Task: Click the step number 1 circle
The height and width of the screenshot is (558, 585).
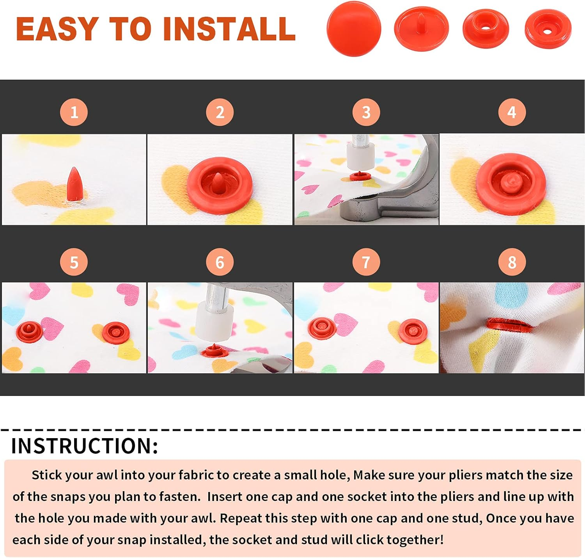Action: tap(74, 112)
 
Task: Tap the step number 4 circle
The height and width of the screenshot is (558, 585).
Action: tap(512, 112)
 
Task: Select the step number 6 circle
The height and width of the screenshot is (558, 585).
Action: tap(220, 262)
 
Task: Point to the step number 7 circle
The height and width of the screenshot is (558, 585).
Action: tap(366, 262)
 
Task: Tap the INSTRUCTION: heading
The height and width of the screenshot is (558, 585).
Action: tap(84, 446)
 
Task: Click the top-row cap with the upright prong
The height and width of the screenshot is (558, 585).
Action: tap(421, 29)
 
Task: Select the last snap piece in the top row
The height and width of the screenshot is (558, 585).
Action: tap(548, 29)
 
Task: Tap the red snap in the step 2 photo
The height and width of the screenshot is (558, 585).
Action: tap(220, 185)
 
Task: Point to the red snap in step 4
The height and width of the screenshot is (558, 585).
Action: tap(511, 183)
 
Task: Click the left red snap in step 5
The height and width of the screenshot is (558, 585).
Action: tap(29, 332)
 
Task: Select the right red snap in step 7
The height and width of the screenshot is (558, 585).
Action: tap(413, 331)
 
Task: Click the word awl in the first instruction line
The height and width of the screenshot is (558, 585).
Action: tap(107, 475)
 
